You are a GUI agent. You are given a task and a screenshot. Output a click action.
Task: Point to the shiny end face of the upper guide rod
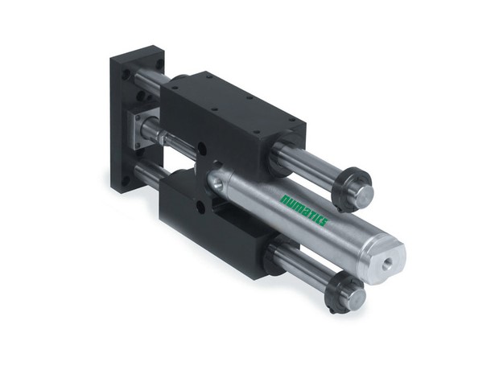point(364,193)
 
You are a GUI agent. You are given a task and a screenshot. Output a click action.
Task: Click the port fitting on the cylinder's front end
point(216,183)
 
